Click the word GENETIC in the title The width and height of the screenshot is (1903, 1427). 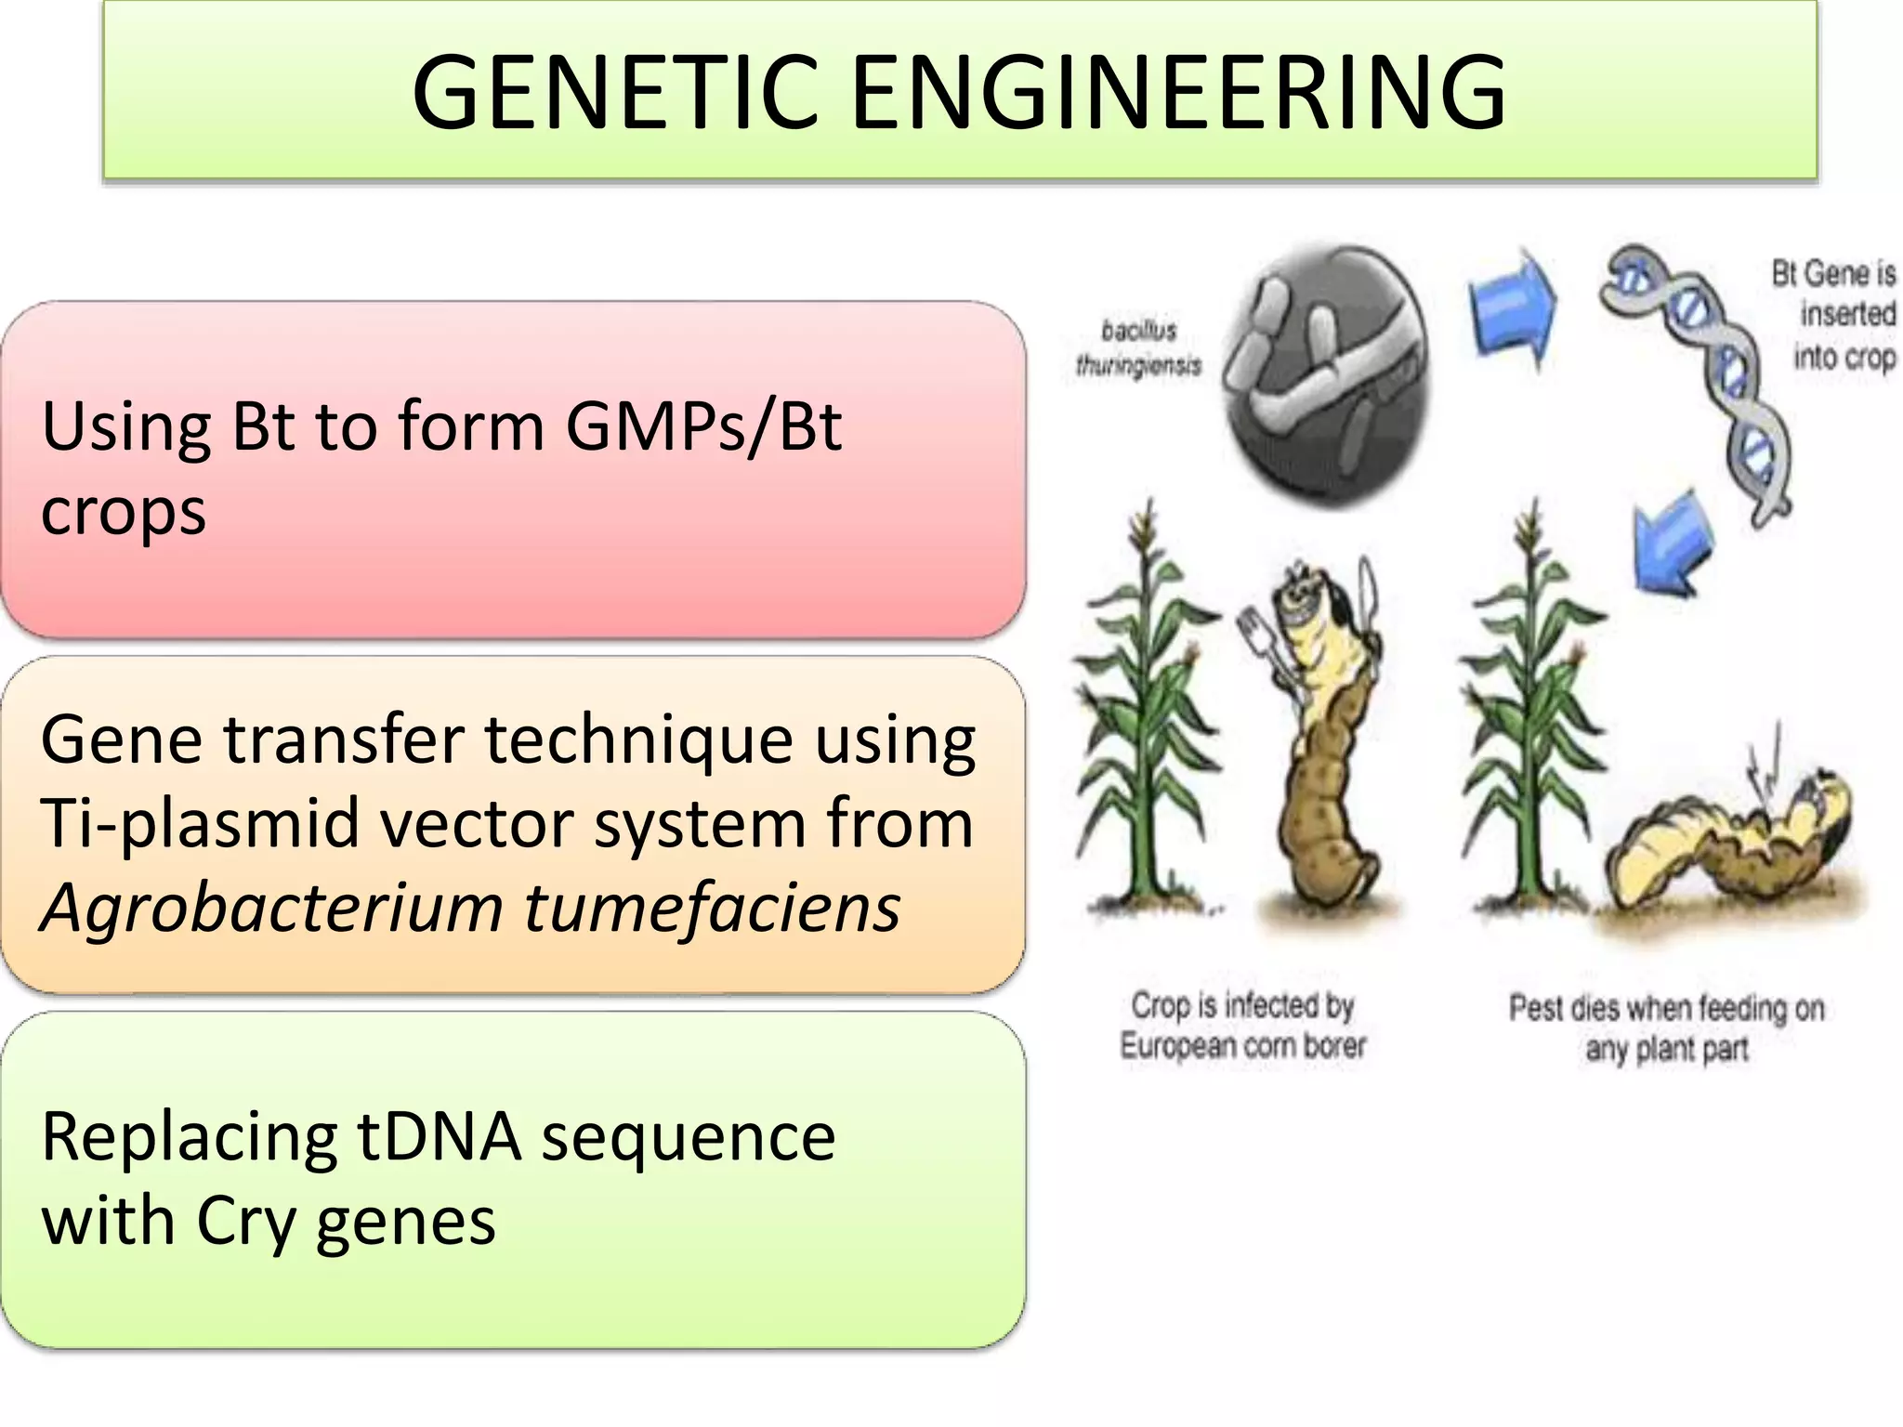[x=614, y=91]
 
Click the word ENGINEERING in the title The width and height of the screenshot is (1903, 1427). [x=1177, y=91]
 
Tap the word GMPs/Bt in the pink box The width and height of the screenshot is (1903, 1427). [x=703, y=427]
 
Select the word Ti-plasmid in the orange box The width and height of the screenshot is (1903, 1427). [x=201, y=823]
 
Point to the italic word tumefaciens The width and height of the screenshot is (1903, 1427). [x=712, y=908]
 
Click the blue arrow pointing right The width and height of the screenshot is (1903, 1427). [x=1512, y=308]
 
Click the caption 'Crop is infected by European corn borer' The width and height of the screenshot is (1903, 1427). [x=1242, y=1025]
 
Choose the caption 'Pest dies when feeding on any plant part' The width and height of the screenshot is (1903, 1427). [x=1666, y=1028]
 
